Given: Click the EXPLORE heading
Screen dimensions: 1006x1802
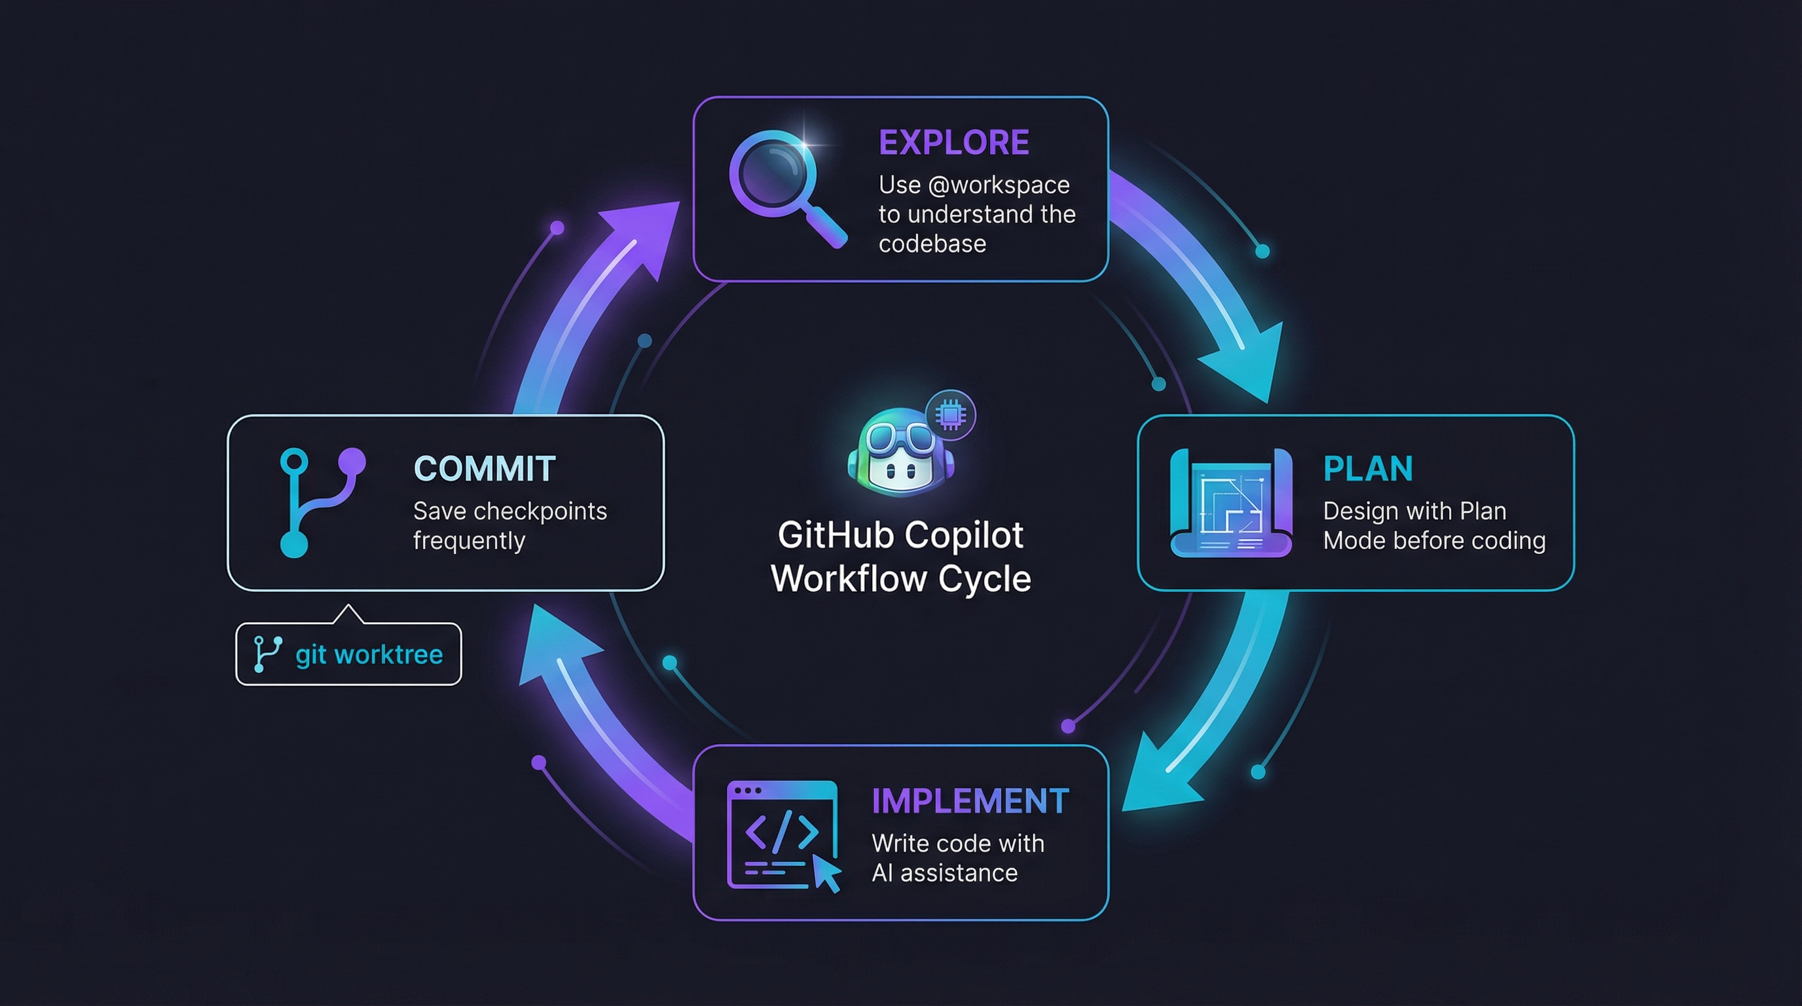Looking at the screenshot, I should [953, 143].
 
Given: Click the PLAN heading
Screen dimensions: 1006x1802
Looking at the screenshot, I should [1368, 469].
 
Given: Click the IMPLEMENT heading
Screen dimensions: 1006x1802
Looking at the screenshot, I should [970, 801].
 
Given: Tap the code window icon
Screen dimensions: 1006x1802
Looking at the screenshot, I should [782, 834].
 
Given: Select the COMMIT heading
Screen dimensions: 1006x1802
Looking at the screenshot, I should [485, 469].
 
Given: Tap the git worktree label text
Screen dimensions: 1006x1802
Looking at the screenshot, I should [369, 655].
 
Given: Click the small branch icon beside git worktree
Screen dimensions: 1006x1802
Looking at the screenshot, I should [266, 654].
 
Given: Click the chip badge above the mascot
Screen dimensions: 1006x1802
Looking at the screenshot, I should [950, 415].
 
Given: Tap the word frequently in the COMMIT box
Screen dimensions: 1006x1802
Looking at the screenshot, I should [469, 541].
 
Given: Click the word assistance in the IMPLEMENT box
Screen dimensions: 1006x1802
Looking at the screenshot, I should [959, 873].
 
